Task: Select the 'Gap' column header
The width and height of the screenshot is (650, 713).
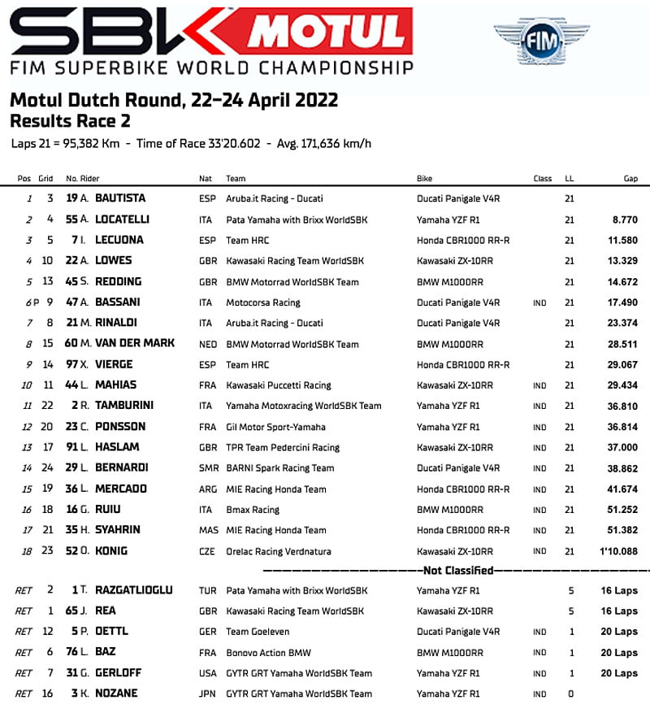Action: pyautogui.click(x=630, y=179)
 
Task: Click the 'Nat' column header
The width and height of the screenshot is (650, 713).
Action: pyautogui.click(x=205, y=179)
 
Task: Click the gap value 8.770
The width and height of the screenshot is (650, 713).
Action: pyautogui.click(x=624, y=220)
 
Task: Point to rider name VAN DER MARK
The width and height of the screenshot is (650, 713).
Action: pyautogui.click(x=134, y=343)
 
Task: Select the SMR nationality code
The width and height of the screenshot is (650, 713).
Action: pyautogui.click(x=208, y=467)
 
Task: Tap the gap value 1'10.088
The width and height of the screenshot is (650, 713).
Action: pyautogui.click(x=618, y=550)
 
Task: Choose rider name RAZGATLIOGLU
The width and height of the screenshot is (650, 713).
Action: pyautogui.click(x=133, y=590)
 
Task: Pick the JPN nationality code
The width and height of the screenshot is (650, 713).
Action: pyautogui.click(x=207, y=694)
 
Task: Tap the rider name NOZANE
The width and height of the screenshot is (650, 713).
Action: pyautogui.click(x=115, y=693)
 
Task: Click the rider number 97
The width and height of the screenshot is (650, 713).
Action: pyautogui.click(x=71, y=364)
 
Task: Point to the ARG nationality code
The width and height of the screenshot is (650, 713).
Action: pyautogui.click(x=208, y=489)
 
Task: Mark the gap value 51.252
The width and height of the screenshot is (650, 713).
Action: pyautogui.click(x=622, y=509)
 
